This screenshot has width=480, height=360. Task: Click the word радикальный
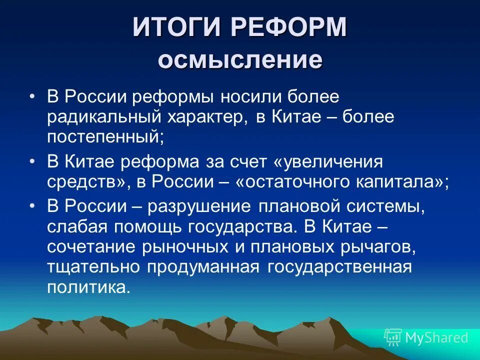[x=103, y=117]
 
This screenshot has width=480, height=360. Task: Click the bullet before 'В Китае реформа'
[x=33, y=161]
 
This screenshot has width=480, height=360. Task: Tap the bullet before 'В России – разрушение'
[x=33, y=205]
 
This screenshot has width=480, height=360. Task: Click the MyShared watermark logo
[x=425, y=337]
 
